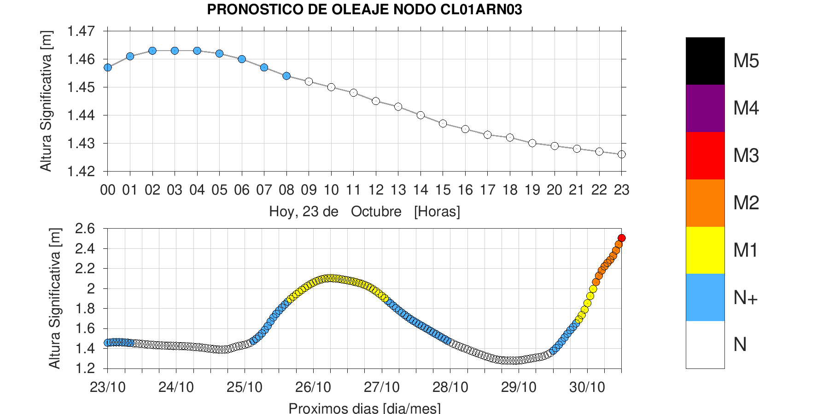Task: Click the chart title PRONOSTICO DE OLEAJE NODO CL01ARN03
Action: pos(364,10)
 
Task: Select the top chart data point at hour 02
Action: pos(152,51)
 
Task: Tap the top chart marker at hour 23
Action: pos(621,154)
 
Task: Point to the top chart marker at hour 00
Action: pos(108,67)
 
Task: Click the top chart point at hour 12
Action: pos(376,101)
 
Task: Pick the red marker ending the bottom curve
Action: pos(621,238)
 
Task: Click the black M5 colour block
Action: pos(705,61)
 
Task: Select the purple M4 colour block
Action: pos(705,108)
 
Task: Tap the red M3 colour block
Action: pos(705,155)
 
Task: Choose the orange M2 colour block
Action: pos(705,203)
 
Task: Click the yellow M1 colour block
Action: pos(705,250)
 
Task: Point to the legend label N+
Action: pos(745,298)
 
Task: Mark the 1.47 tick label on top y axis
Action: pos(81,31)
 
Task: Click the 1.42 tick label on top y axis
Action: pos(81,172)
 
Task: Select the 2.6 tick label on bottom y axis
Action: pos(85,229)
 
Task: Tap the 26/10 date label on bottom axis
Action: pos(313,387)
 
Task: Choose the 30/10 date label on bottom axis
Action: pos(587,387)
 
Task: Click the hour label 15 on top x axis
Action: pos(443,190)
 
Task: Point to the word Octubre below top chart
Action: pos(376,212)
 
